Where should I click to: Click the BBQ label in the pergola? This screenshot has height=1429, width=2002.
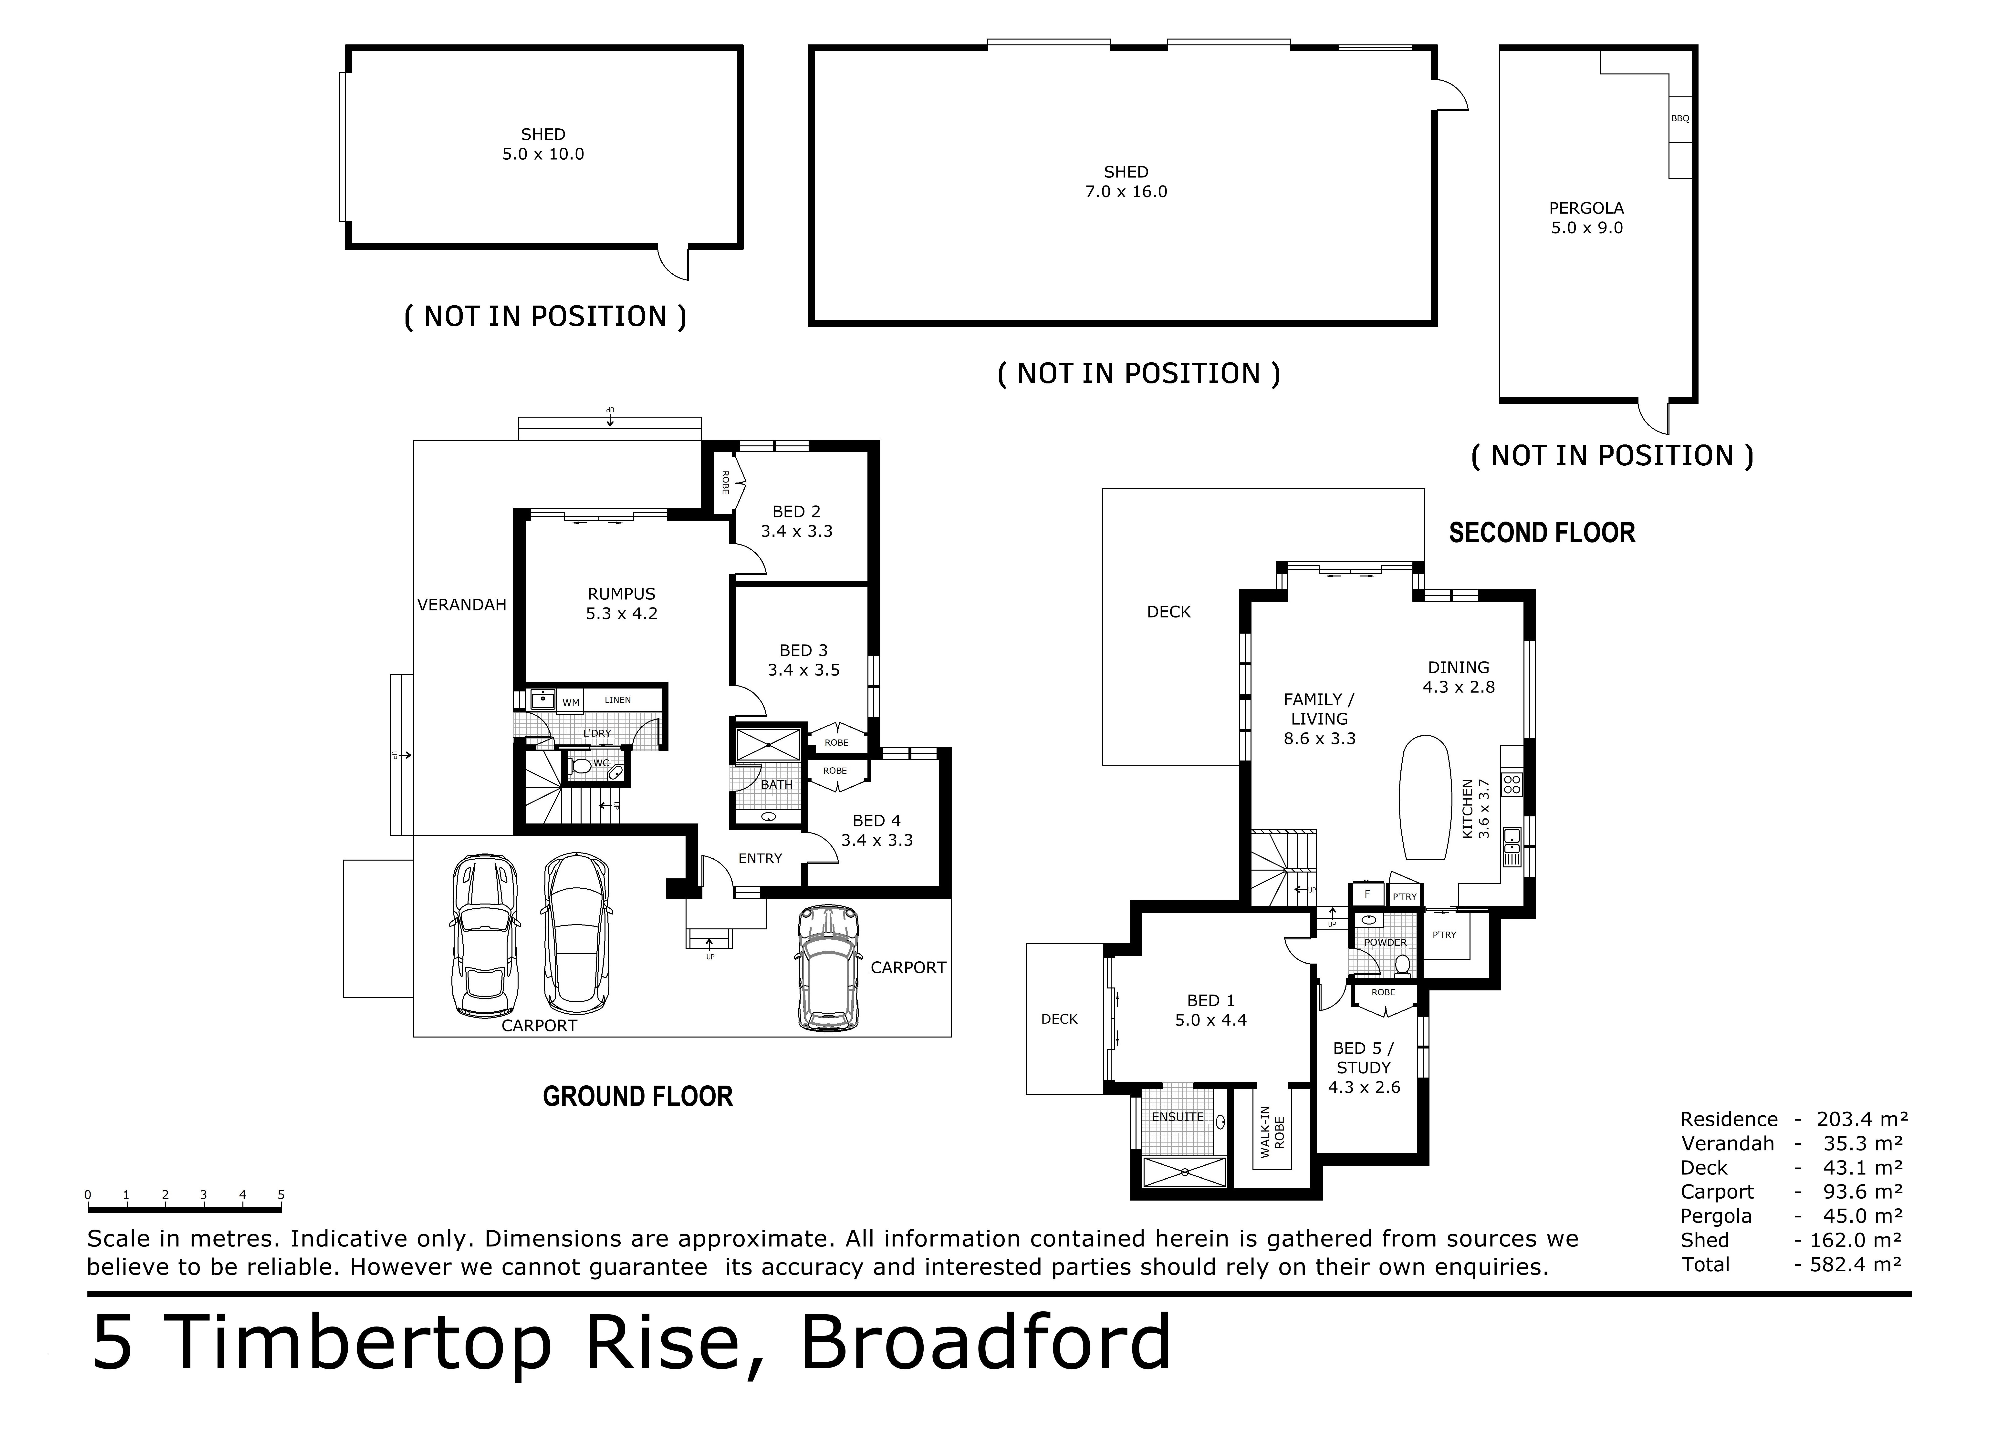pos(1680,118)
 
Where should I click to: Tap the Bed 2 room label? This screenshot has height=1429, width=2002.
pos(796,511)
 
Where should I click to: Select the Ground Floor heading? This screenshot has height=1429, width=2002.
pos(638,1096)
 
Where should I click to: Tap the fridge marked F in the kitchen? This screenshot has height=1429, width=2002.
pos(1367,894)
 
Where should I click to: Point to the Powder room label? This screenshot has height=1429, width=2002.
pos(1385,942)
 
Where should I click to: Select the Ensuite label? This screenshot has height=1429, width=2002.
pos(1178,1117)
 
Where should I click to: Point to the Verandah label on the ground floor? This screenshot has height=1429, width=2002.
pos(462,605)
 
